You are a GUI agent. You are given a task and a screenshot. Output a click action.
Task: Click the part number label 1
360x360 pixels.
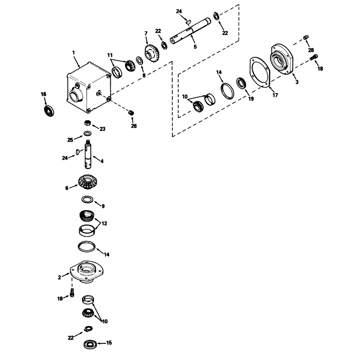73,53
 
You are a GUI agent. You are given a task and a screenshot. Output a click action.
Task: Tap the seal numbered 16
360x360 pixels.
49,111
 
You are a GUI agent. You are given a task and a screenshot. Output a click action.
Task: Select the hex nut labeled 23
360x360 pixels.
88,123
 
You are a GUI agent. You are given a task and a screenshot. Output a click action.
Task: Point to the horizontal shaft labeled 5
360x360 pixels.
190,31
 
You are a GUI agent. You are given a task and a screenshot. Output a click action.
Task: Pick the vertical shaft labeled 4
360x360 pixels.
88,154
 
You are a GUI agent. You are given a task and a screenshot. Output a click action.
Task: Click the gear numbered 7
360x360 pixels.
153,53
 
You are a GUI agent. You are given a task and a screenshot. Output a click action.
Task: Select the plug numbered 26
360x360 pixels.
131,113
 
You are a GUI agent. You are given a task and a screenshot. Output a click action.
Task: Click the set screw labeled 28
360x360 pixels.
306,37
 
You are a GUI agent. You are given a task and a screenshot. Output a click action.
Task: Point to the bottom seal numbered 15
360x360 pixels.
90,344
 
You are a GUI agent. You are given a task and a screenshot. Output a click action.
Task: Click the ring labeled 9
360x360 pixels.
87,199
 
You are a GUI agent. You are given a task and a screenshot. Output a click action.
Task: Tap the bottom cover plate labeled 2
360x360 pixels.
86,272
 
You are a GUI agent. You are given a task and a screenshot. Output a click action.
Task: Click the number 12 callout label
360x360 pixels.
104,223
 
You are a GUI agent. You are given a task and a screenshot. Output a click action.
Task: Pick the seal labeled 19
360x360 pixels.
241,83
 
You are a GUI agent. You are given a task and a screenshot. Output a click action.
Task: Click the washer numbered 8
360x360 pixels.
139,61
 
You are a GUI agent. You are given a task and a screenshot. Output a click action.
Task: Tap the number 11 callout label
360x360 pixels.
110,55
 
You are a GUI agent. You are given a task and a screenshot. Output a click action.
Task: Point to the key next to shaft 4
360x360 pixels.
77,152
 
